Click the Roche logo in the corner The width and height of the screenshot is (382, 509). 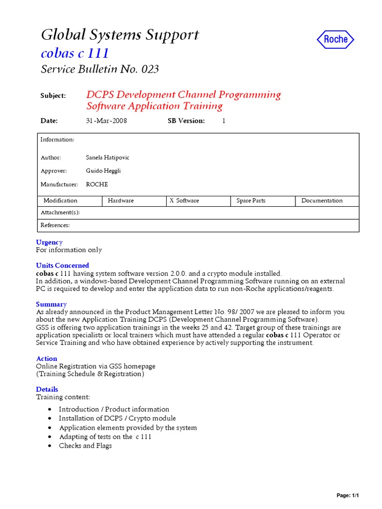pyautogui.click(x=335, y=39)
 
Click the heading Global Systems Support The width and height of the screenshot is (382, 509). pyautogui.click(x=119, y=35)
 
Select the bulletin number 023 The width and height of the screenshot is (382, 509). pyautogui.click(x=150, y=69)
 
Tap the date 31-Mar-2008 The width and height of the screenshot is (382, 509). pyautogui.click(x=106, y=121)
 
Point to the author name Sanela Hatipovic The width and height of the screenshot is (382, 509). pyautogui.click(x=107, y=158)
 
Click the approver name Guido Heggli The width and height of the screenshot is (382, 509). pyautogui.click(x=103, y=171)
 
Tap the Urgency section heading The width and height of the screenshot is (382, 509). pyautogui.click(x=49, y=242)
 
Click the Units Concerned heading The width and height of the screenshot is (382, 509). pyautogui.click(x=62, y=265)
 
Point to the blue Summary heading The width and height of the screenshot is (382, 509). pyautogui.click(x=51, y=304)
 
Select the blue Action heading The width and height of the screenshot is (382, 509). pyautogui.click(x=46, y=358)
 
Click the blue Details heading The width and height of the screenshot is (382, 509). pyautogui.click(x=47, y=389)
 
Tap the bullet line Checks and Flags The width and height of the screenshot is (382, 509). pyautogui.click(x=85, y=446)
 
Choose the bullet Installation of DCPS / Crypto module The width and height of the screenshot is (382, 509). pyautogui.click(x=117, y=419)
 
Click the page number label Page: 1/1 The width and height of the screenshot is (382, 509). pyautogui.click(x=348, y=496)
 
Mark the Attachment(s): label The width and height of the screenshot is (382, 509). pyautogui.click(x=60, y=213)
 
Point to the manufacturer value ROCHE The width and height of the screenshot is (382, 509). pyautogui.click(x=97, y=184)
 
